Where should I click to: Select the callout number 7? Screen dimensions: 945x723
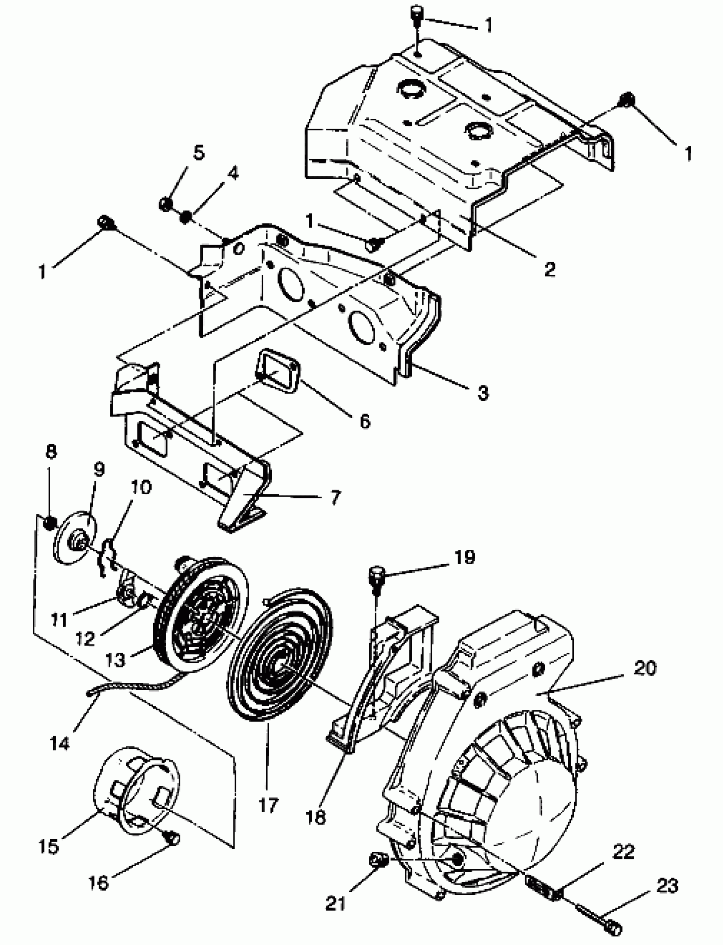pyautogui.click(x=335, y=497)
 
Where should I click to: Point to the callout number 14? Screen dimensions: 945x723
pyautogui.click(x=60, y=743)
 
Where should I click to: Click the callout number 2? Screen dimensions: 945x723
pyautogui.click(x=549, y=269)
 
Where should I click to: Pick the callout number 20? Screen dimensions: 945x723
pyautogui.click(x=645, y=668)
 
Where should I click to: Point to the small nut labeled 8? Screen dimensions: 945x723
pyautogui.click(x=50, y=522)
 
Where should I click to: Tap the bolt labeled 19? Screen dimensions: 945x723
pyautogui.click(x=376, y=577)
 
